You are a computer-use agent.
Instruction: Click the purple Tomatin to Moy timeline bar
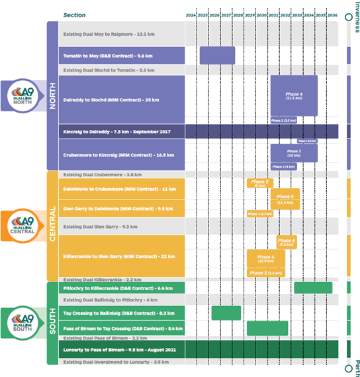(217, 55)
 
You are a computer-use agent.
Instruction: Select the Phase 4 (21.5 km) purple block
(293, 96)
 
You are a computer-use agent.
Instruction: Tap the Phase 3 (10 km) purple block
(293, 152)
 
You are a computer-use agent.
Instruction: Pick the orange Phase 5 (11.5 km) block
(285, 199)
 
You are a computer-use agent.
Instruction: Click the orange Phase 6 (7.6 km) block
(287, 242)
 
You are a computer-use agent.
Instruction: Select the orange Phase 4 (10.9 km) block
(265, 258)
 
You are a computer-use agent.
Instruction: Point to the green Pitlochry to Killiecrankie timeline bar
(312, 288)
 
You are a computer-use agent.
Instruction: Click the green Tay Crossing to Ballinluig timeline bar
(226, 313)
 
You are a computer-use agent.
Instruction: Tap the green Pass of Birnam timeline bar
(267, 328)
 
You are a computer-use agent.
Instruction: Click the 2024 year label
(191, 15)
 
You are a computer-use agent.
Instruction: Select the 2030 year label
(261, 15)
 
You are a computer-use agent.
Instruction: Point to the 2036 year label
(332, 15)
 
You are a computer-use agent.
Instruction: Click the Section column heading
(75, 15)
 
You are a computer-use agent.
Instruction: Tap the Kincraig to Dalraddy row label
(116, 132)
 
